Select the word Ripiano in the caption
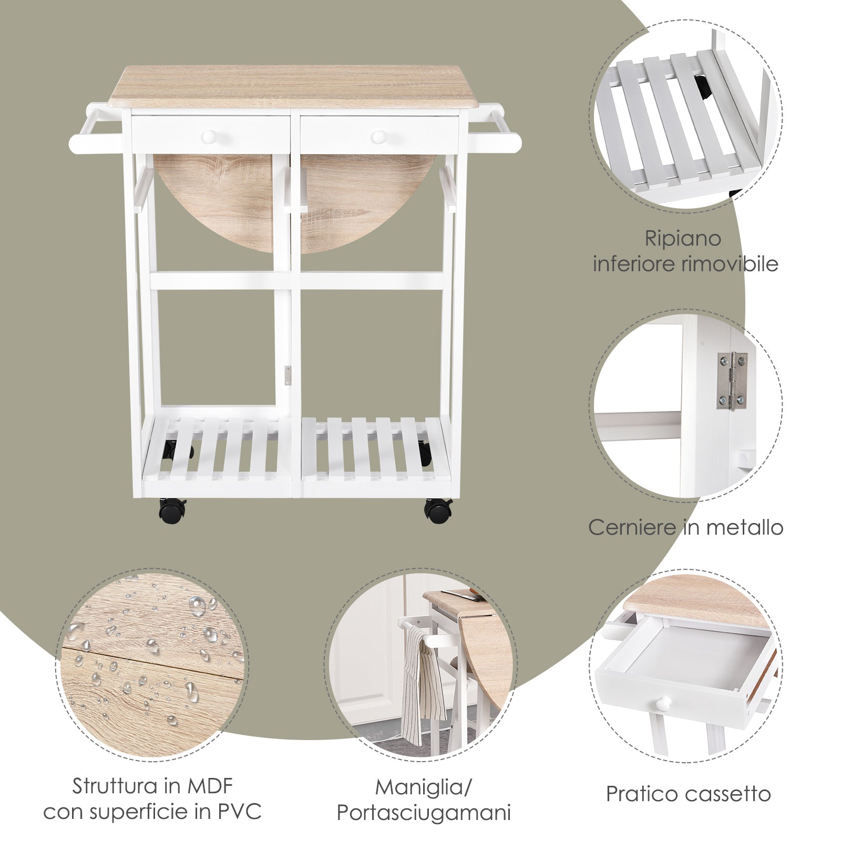pyautogui.click(x=683, y=239)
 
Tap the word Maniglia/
pyautogui.click(x=424, y=787)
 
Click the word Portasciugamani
pyautogui.click(x=424, y=813)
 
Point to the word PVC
pyautogui.click(x=239, y=812)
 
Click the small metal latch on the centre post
pyautogui.click(x=287, y=374)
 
